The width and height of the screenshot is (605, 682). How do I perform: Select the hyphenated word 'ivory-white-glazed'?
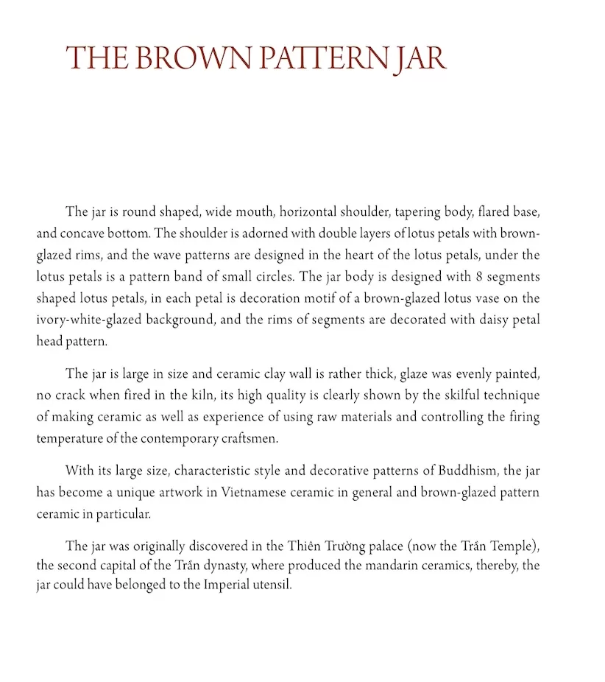click(86, 320)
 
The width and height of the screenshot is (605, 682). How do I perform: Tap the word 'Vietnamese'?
click(250, 492)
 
